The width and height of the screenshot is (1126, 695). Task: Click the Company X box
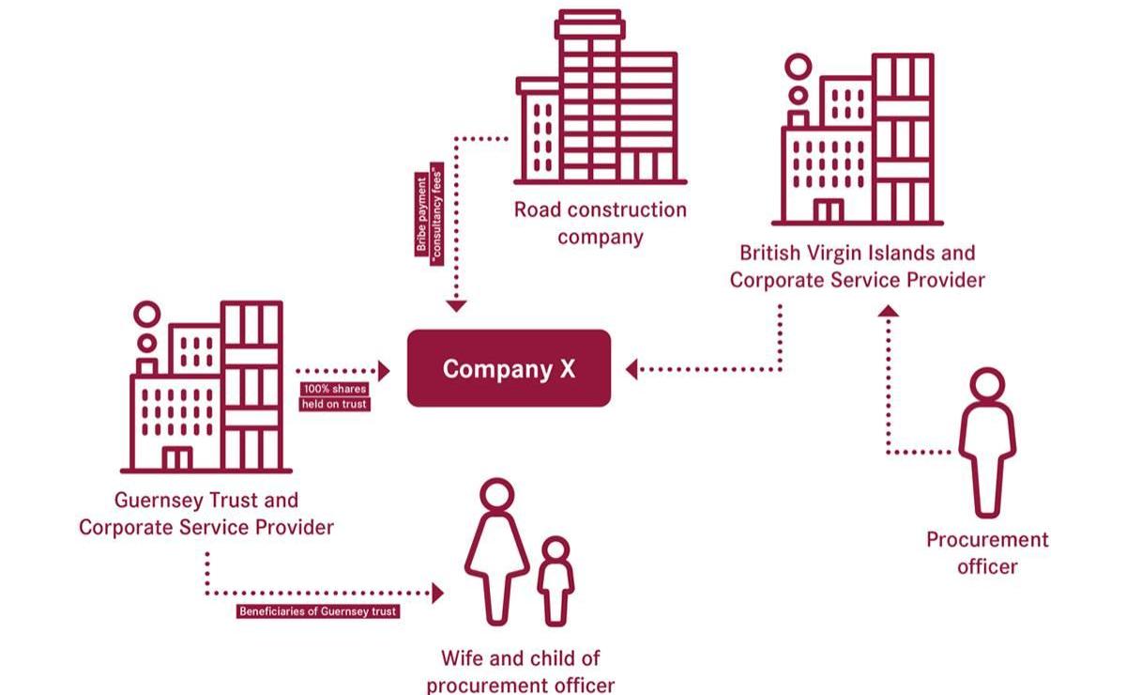point(509,368)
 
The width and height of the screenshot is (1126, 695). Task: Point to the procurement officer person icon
point(986,441)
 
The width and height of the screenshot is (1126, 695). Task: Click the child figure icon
point(555,580)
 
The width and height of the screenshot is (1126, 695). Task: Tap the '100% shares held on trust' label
point(335,396)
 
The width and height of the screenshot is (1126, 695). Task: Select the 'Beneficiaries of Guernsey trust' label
point(318,611)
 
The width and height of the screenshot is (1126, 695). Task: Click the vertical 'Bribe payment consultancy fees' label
point(430,218)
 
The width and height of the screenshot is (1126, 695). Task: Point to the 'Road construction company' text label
point(601,223)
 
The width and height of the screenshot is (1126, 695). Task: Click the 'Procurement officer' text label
point(987,552)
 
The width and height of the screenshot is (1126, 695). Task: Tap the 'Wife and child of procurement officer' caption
point(521,671)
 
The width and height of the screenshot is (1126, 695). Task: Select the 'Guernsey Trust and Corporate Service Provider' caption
point(206,514)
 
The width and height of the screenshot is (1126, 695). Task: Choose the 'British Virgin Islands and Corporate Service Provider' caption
point(857,266)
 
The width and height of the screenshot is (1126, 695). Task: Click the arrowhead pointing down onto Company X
point(456,305)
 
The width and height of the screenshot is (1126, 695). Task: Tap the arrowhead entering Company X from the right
point(631,369)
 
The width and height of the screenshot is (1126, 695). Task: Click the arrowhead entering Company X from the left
point(384,369)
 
